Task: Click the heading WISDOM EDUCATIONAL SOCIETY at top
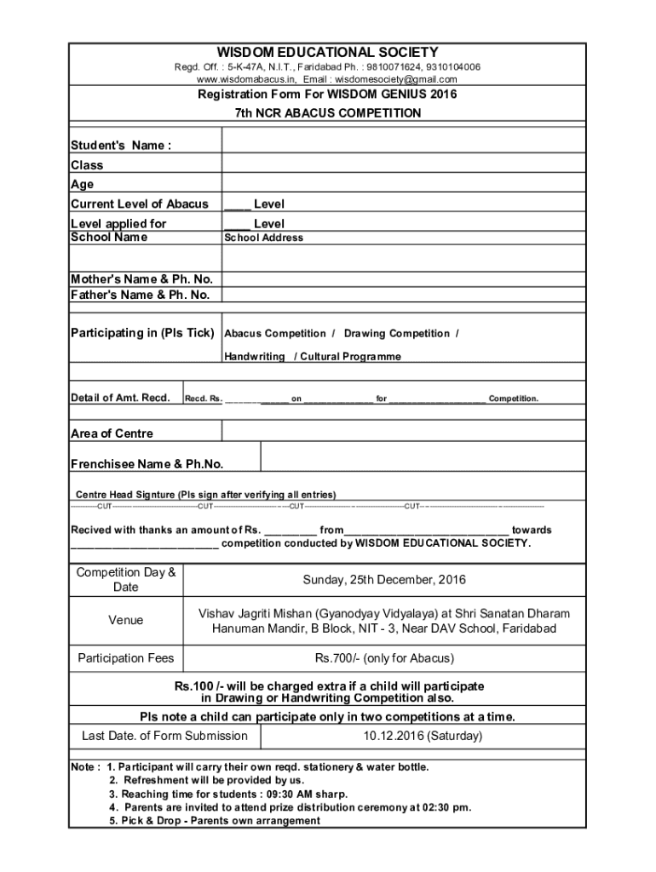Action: click(x=328, y=52)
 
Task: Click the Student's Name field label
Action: click(x=120, y=145)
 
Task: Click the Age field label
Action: click(x=83, y=184)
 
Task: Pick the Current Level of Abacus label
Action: click(x=139, y=204)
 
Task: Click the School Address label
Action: click(x=263, y=238)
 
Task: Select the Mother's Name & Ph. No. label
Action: click(x=141, y=279)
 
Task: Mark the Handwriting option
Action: click(x=254, y=356)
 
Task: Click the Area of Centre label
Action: click(x=112, y=433)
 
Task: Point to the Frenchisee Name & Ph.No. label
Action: click(x=147, y=464)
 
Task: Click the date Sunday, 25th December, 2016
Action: click(x=384, y=580)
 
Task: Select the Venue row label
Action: click(x=125, y=620)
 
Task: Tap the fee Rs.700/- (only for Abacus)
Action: click(x=384, y=658)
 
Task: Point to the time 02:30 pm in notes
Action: click(x=447, y=806)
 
